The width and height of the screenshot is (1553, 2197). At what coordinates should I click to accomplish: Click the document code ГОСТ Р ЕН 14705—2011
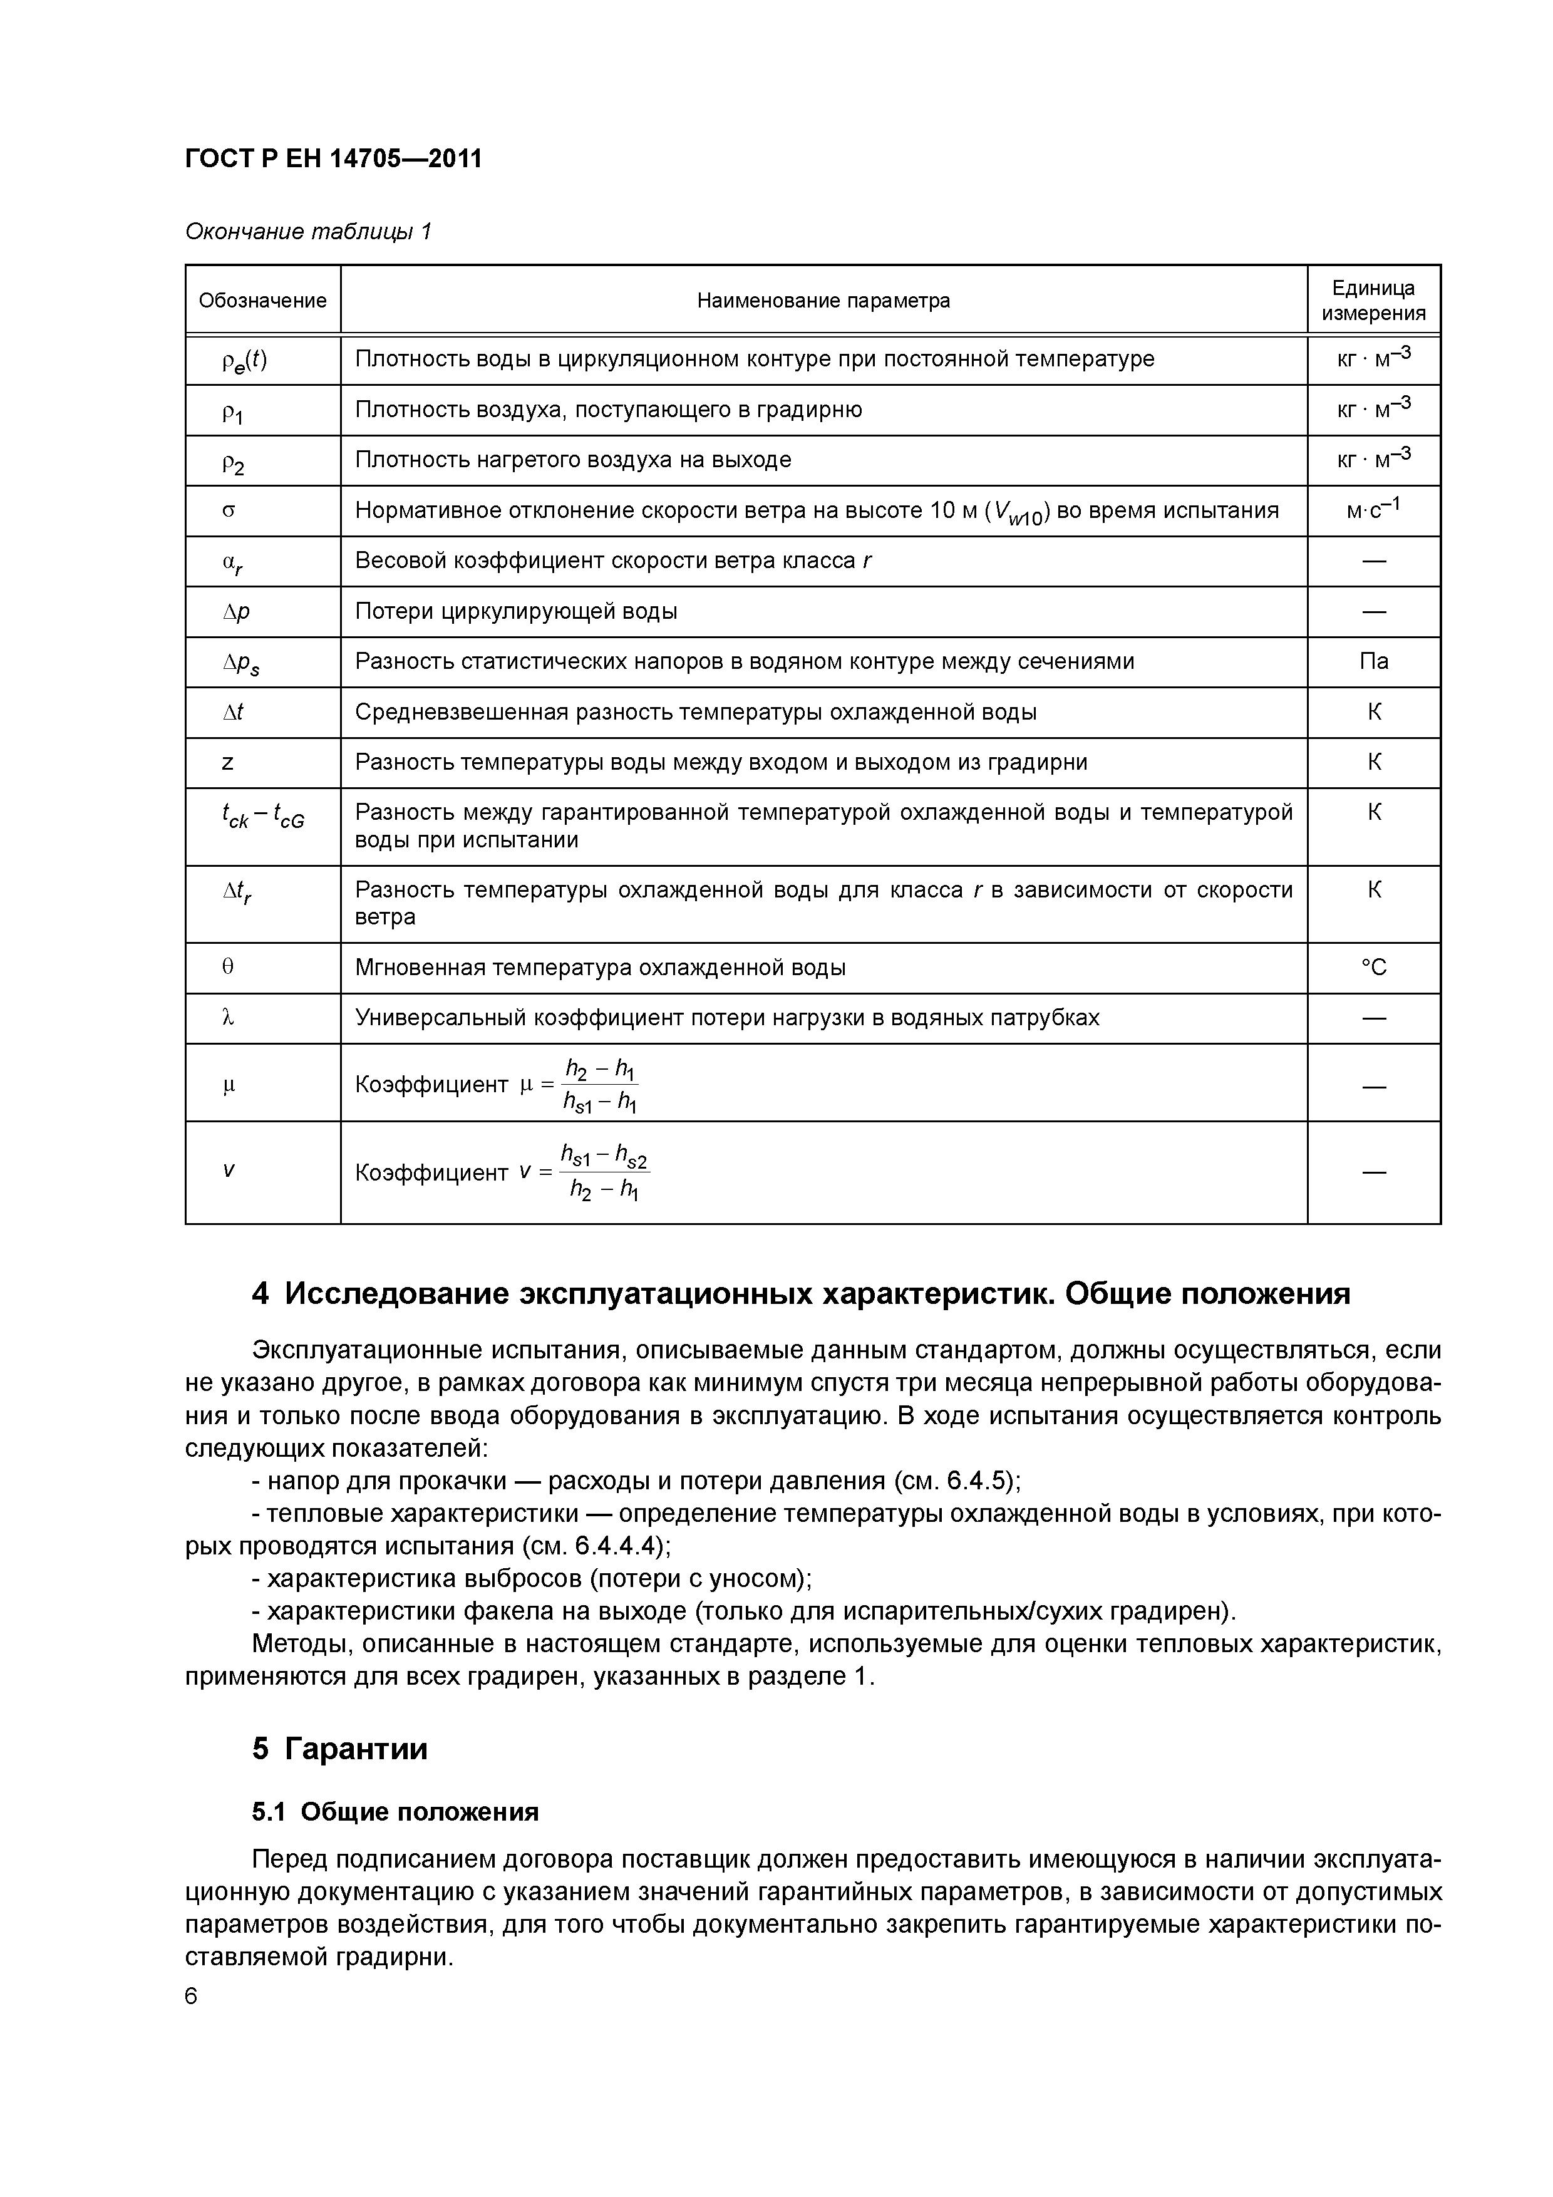[333, 159]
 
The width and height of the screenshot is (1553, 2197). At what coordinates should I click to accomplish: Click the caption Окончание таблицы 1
[308, 232]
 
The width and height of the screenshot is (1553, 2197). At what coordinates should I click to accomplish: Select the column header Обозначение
[262, 301]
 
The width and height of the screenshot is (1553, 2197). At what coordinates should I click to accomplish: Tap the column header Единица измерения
[1373, 301]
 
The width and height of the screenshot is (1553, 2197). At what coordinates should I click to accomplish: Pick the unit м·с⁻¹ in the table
[1373, 509]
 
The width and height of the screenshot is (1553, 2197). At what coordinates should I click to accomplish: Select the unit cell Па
[1373, 661]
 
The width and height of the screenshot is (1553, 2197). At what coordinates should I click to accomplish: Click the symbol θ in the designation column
[228, 968]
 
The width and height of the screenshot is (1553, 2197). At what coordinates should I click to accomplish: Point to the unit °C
[1373, 968]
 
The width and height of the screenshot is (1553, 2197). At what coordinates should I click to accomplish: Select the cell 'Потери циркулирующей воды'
[516, 611]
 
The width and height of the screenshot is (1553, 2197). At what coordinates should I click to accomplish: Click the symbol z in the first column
[228, 763]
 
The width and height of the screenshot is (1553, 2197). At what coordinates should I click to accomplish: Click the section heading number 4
[261, 1294]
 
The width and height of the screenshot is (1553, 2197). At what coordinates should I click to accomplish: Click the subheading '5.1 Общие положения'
[395, 1811]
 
